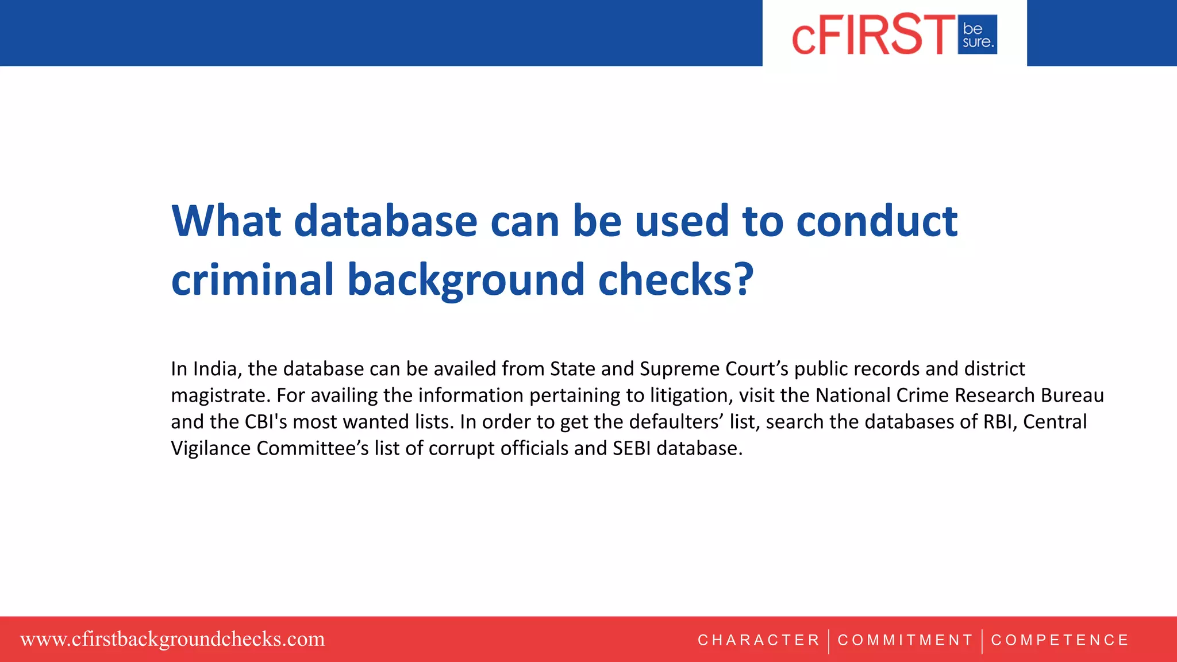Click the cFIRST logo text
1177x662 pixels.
tap(873, 35)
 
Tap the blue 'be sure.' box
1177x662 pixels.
tap(977, 35)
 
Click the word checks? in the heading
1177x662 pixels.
tap(676, 280)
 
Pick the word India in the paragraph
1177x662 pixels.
tap(216, 369)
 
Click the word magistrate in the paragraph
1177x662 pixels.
tap(220, 395)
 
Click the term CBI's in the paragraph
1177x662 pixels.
tap(266, 422)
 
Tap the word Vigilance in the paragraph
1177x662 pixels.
tap(211, 448)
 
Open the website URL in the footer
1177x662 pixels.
tap(172, 639)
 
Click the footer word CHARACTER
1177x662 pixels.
tap(759, 640)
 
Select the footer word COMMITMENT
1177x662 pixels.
tap(905, 640)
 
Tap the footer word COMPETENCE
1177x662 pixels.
tap(1060, 640)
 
